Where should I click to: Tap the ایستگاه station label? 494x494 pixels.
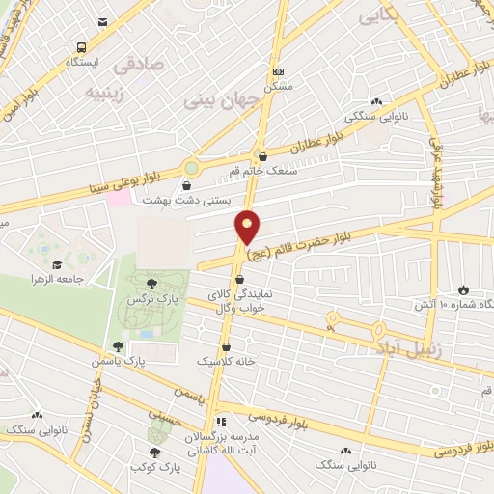tap(82, 62)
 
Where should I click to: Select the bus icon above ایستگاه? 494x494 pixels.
tap(81, 46)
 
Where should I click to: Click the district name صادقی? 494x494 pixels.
tap(139, 67)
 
